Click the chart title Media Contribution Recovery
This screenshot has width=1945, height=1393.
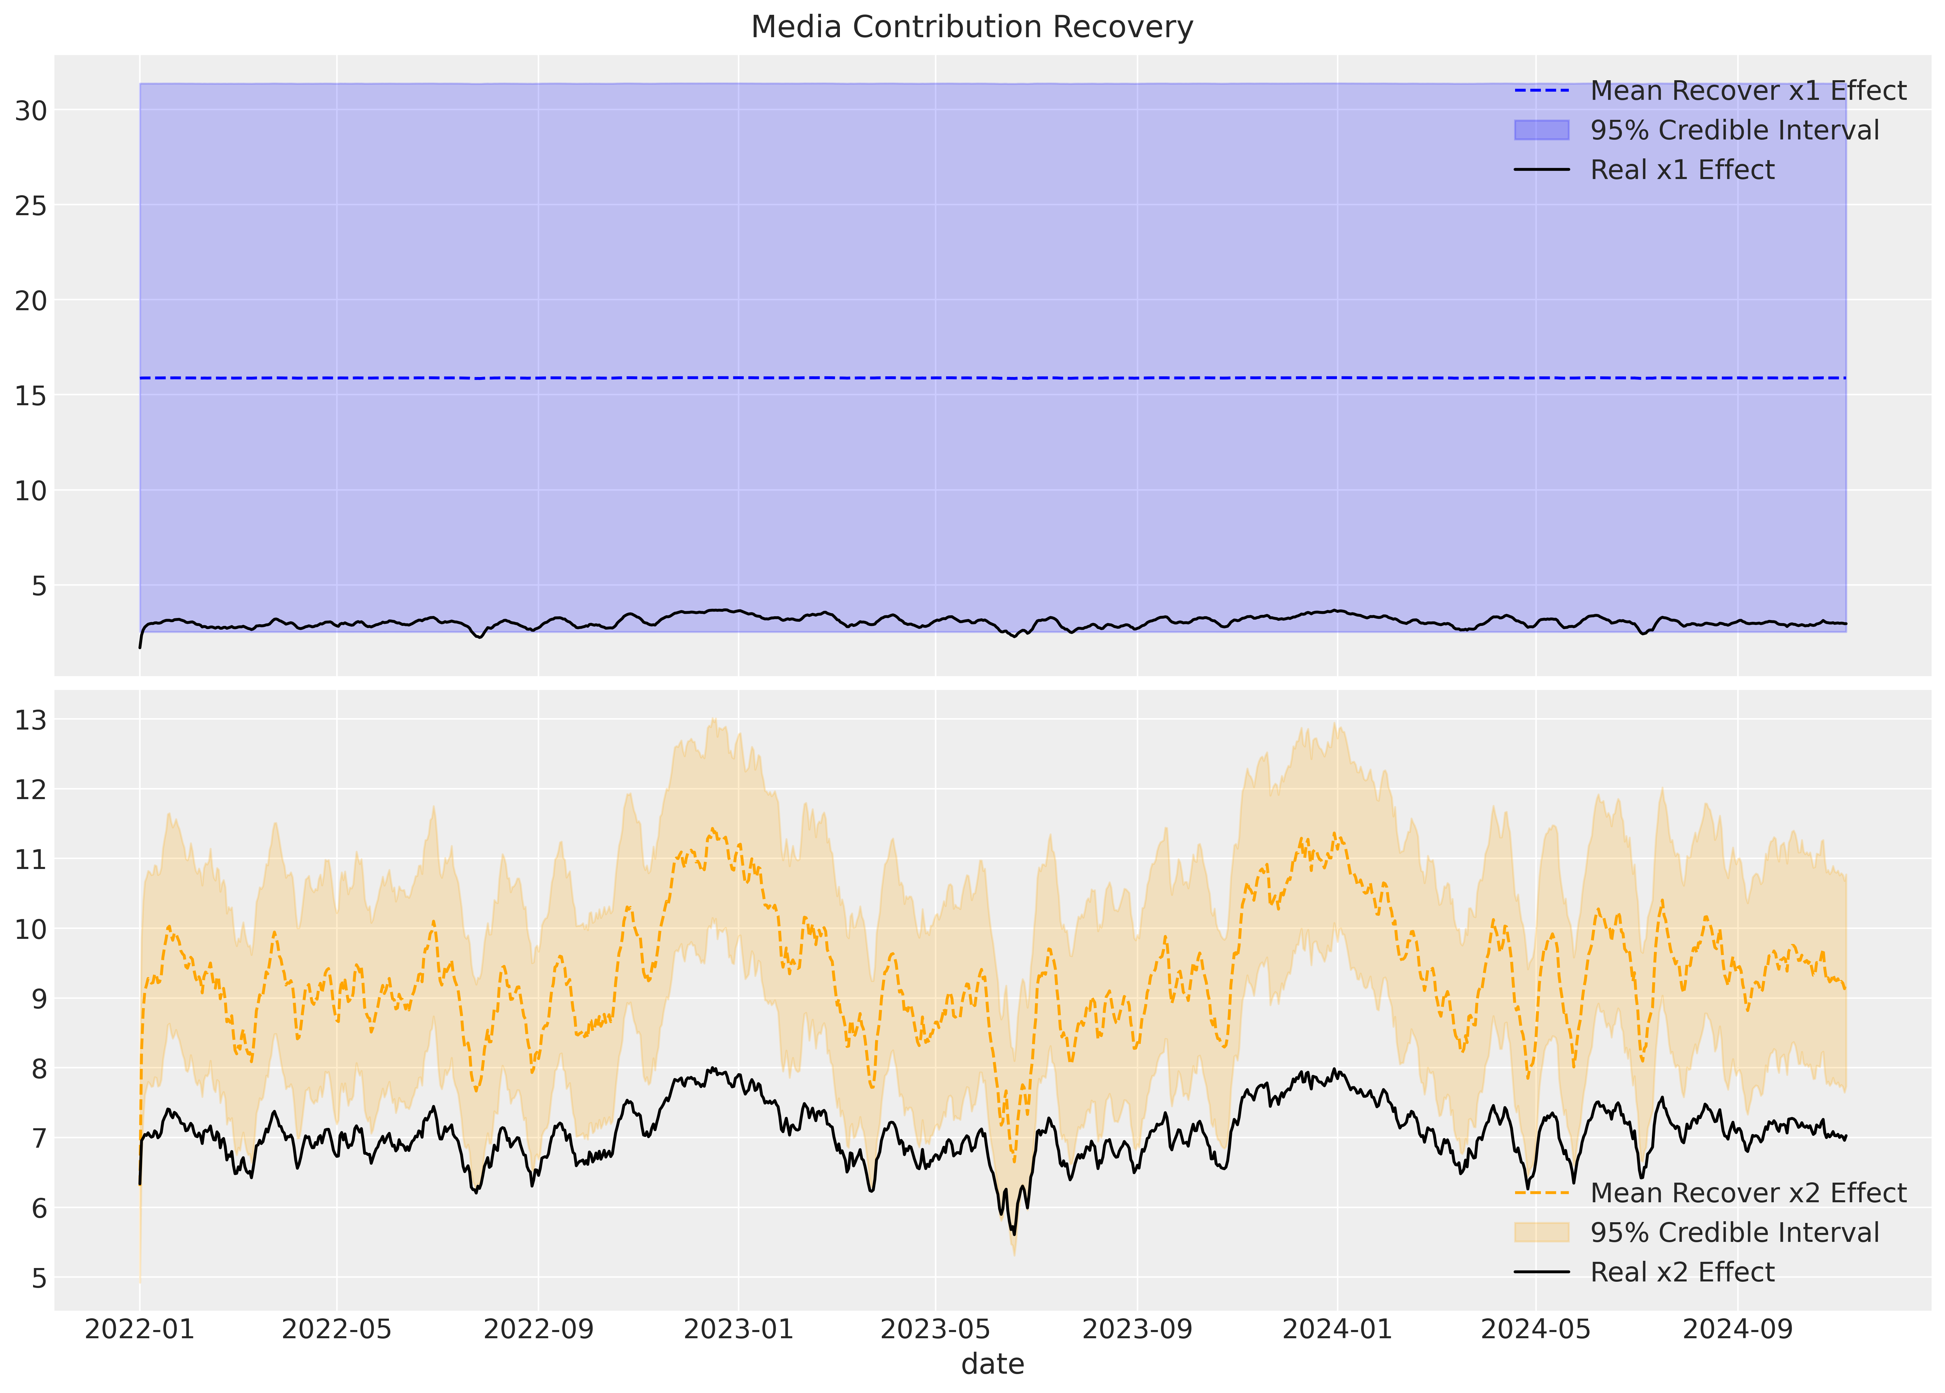(972, 28)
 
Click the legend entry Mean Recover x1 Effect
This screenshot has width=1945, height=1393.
(1748, 91)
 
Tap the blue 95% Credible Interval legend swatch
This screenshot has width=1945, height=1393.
(1541, 130)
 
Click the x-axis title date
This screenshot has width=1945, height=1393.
(992, 1364)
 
